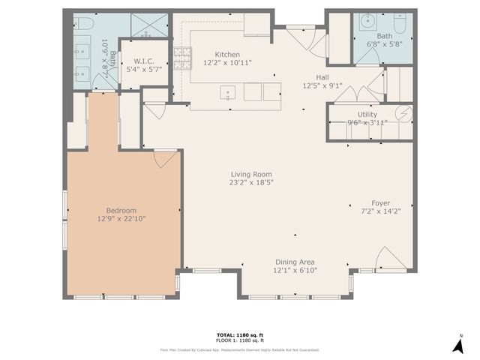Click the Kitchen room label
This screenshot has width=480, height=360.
[x=227, y=54]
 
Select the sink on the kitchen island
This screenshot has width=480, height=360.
[x=226, y=93]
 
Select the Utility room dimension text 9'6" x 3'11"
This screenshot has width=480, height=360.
[x=367, y=123]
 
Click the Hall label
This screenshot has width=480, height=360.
[x=322, y=76]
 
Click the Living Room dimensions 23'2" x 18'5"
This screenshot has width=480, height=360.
[x=250, y=181]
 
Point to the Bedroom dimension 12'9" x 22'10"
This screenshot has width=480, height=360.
[x=121, y=219]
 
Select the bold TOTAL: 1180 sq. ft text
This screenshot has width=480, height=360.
[x=239, y=335]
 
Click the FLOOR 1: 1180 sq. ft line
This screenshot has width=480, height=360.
[x=239, y=341]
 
